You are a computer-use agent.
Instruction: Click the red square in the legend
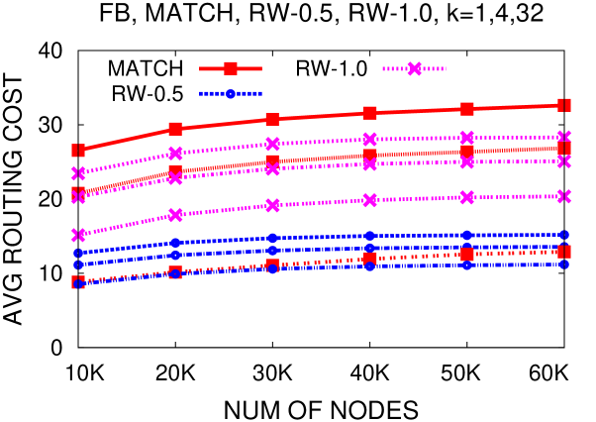coord(231,68)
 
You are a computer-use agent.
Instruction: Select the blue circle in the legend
coord(231,93)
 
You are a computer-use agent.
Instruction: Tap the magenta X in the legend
coord(414,68)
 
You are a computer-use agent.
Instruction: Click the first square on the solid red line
coord(78,151)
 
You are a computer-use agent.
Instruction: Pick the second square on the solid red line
coord(175,129)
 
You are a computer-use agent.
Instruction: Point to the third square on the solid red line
coord(272,119)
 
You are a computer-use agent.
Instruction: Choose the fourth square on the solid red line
coord(370,113)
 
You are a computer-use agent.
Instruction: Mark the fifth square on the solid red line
coord(467,109)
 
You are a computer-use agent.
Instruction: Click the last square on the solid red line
coord(564,105)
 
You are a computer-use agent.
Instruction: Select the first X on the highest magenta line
coord(78,173)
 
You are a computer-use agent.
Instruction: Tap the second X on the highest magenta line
coord(175,153)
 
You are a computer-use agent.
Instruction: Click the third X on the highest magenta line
coord(272,144)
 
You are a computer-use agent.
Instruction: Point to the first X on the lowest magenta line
coord(78,235)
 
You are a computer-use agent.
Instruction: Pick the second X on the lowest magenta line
coord(175,215)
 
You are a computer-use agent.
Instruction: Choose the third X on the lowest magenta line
coord(272,205)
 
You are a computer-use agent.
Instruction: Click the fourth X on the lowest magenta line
coord(370,200)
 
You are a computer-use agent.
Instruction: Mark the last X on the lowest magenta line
coord(564,196)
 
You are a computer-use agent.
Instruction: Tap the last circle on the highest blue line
coord(564,235)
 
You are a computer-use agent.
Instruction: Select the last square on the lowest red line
coord(564,252)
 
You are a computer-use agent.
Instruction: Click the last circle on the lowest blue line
coord(564,264)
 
